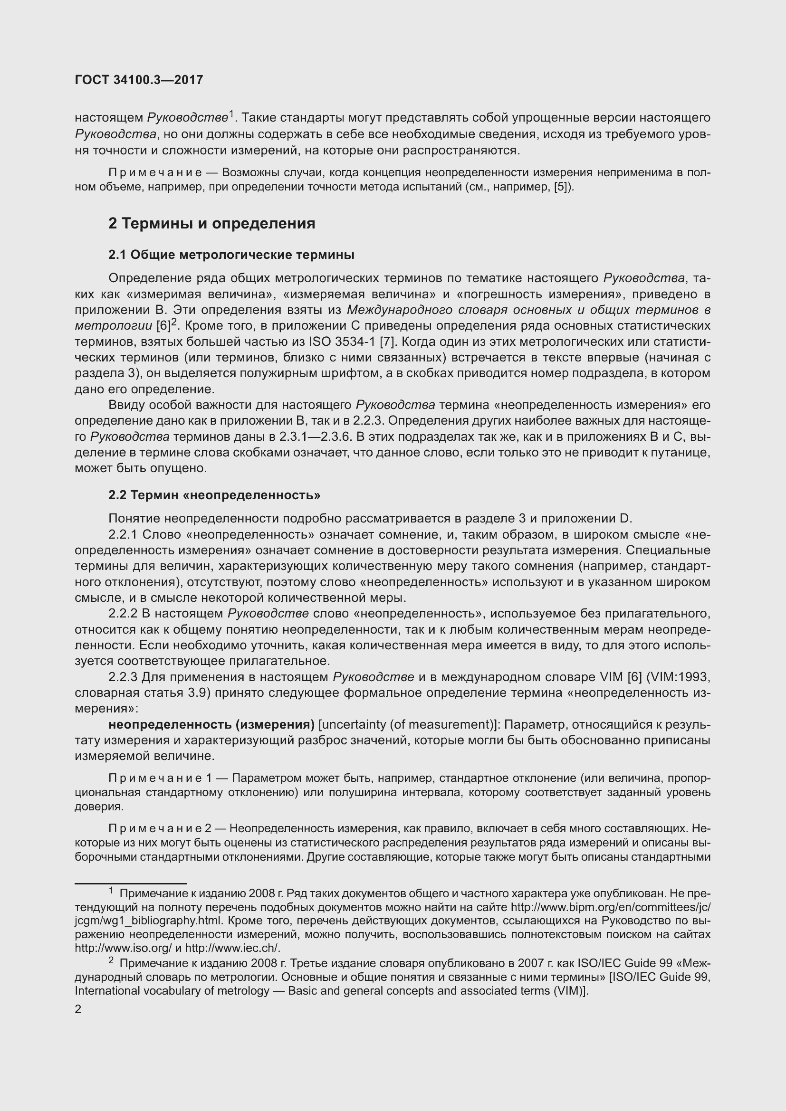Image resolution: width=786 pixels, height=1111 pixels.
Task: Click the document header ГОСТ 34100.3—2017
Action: (139, 80)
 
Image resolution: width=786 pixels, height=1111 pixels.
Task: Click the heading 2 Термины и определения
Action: (211, 224)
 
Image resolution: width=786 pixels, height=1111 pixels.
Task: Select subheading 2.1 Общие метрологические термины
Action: (231, 255)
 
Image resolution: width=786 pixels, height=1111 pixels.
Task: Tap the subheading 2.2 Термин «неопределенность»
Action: (214, 495)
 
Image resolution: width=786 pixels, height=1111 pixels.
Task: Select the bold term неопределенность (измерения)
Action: (211, 724)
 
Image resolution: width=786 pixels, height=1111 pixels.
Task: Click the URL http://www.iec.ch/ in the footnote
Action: (233, 948)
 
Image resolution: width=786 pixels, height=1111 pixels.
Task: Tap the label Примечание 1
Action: (161, 778)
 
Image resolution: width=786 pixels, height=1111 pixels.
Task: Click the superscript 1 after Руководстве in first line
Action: (231, 114)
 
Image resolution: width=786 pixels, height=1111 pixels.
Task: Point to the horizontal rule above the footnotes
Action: (131, 883)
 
